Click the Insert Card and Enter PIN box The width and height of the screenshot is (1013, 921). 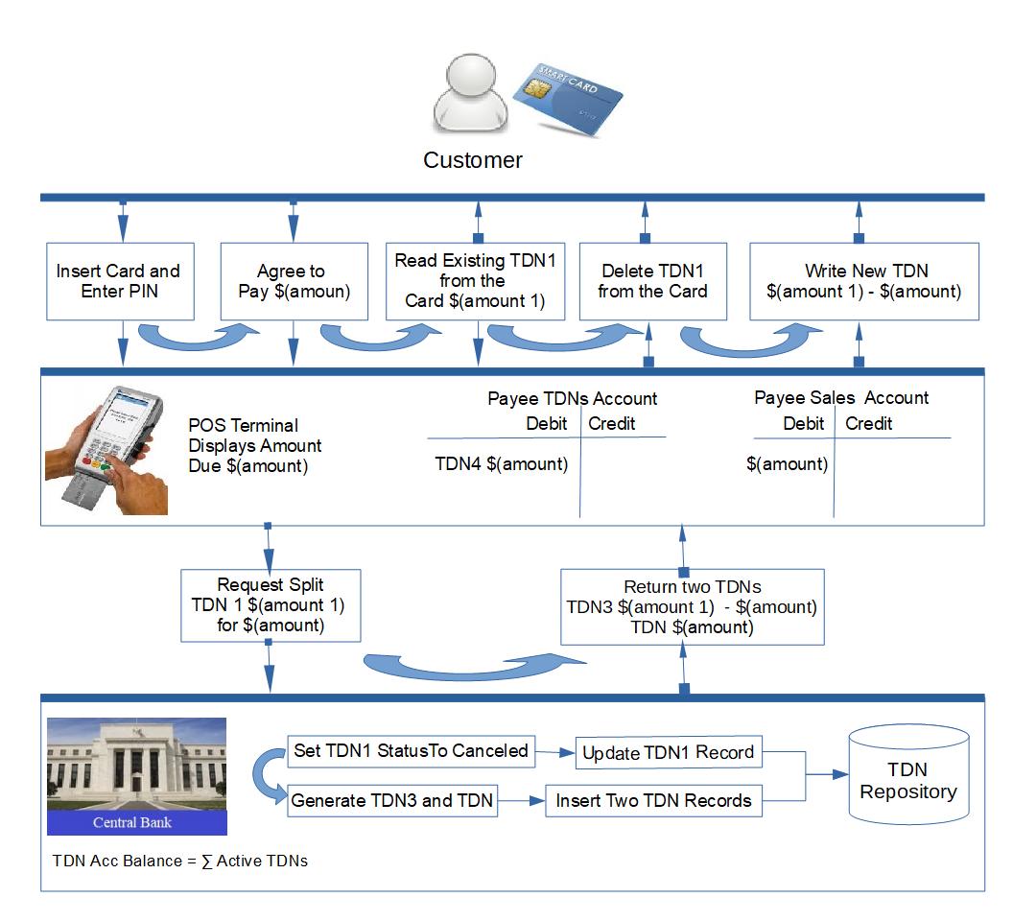coord(118,280)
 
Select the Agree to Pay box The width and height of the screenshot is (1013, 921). coord(292,280)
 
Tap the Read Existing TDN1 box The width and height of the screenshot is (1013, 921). coord(474,280)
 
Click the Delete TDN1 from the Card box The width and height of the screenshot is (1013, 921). coord(652,280)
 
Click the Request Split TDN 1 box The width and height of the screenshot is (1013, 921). coord(270,605)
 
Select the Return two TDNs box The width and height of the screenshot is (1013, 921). coord(691,606)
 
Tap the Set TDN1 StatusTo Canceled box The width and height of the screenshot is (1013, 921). coord(411,750)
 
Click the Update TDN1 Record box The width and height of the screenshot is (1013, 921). coord(669,753)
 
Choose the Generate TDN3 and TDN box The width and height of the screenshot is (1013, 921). coord(392,800)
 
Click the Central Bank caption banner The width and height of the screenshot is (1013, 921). coord(136,822)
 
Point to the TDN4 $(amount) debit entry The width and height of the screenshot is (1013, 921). coord(502,464)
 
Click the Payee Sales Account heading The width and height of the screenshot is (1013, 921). coord(841,398)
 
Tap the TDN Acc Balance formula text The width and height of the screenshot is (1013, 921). coord(180,861)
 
